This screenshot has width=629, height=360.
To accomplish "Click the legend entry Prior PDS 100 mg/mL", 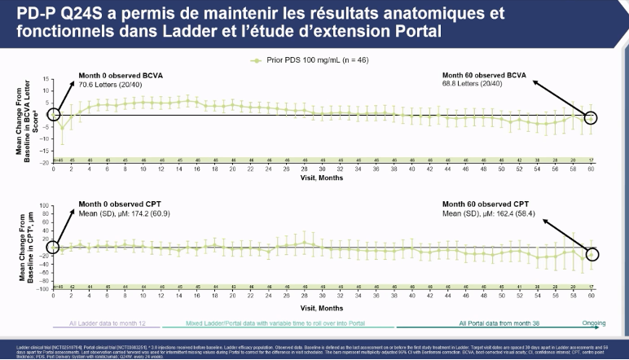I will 314,60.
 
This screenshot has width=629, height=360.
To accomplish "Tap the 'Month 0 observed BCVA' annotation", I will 109,75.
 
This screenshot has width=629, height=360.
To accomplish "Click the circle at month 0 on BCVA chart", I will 54,115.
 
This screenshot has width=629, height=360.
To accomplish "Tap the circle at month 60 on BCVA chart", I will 592,118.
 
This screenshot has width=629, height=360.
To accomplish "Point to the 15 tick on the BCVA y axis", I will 47,79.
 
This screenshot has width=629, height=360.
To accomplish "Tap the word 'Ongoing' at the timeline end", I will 600,323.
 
